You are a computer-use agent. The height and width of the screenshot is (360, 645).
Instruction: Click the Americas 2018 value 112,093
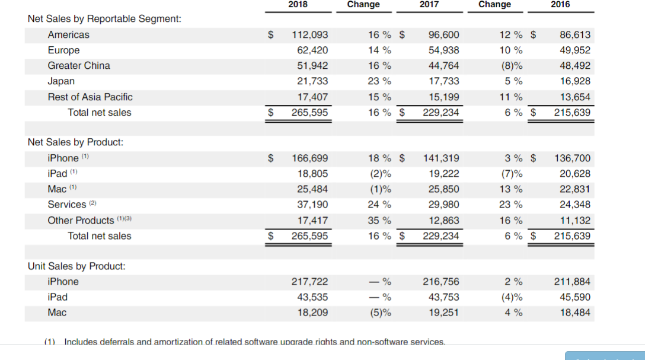[310, 35]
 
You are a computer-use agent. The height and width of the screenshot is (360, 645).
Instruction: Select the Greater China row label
[79, 66]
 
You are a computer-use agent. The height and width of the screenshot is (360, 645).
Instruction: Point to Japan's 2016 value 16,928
[575, 81]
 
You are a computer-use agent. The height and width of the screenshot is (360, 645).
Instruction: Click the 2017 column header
[429, 5]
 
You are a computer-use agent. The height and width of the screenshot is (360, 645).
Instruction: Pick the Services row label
[67, 205]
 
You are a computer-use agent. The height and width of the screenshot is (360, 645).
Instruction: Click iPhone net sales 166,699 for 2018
[310, 158]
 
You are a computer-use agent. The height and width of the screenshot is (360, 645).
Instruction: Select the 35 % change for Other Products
[379, 221]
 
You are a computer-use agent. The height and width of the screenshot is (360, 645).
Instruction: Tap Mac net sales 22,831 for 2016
[575, 189]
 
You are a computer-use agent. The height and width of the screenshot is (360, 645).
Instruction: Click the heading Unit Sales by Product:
[76, 266]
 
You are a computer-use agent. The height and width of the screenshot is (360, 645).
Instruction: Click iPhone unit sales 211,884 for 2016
[572, 282]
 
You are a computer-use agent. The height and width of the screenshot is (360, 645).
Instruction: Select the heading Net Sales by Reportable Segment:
[104, 19]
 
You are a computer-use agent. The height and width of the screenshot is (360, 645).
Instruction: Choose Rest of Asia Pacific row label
[90, 97]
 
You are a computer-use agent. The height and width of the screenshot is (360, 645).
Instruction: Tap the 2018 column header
[298, 5]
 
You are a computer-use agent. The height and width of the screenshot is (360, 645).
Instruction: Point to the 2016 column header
[560, 5]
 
